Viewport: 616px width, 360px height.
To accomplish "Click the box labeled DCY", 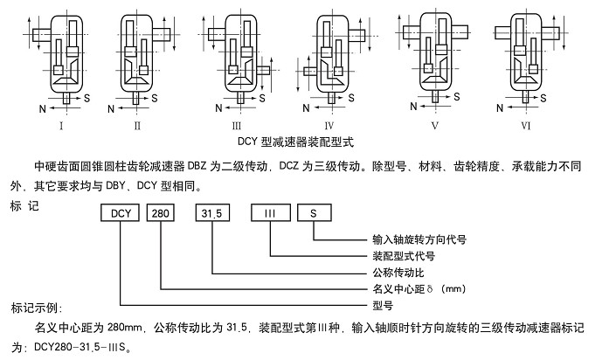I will click(x=117, y=212).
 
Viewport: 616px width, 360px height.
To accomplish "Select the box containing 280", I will click(x=162, y=212).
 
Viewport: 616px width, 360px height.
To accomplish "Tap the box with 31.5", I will click(x=212, y=212).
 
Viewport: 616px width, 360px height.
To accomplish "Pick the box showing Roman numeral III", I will click(x=270, y=212).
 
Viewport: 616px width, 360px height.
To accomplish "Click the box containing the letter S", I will click(x=313, y=212).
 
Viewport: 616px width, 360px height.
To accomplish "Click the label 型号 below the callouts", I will click(x=377, y=305).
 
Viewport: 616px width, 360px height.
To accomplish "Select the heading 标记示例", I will click(x=34, y=308).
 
